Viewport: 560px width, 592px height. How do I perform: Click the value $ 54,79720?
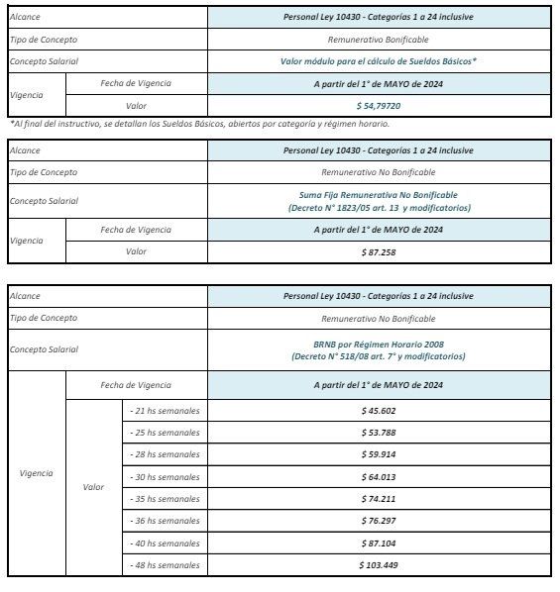(x=379, y=105)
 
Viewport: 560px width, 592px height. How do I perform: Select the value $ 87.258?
(x=379, y=251)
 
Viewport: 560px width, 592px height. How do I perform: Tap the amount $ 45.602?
(x=379, y=410)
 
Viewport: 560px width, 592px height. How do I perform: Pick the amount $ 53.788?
(x=379, y=433)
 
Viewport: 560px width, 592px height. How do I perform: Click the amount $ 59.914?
(x=379, y=454)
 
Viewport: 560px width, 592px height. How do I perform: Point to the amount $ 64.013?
(x=379, y=477)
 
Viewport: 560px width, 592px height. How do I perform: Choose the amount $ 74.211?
(x=379, y=499)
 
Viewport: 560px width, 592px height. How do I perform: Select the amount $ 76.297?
(x=379, y=521)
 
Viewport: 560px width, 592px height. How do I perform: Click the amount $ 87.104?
(x=379, y=543)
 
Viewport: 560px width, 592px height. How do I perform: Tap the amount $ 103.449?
(x=379, y=565)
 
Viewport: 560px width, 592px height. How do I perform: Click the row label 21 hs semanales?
(x=165, y=410)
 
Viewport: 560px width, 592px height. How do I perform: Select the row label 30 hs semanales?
(x=165, y=477)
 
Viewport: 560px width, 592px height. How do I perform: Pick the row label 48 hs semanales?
(x=165, y=565)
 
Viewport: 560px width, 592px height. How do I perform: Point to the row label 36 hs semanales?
(x=165, y=521)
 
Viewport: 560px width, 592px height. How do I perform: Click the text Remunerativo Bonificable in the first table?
(x=379, y=40)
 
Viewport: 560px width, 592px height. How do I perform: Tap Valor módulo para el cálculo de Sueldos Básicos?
(x=379, y=61)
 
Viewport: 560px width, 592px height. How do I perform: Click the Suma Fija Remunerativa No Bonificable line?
(x=379, y=195)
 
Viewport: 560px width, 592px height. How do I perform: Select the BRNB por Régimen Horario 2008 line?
(x=379, y=343)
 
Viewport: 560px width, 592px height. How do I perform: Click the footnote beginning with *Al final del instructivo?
(x=199, y=124)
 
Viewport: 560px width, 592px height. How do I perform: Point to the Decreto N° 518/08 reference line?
(x=379, y=355)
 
